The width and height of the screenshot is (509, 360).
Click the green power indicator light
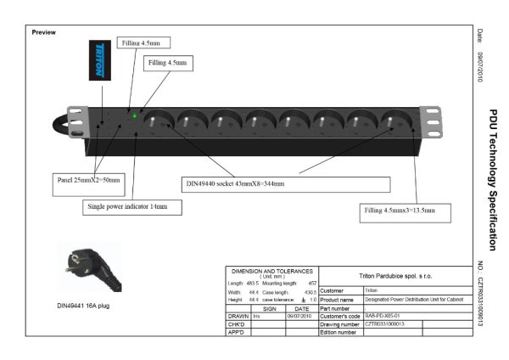click(x=135, y=115)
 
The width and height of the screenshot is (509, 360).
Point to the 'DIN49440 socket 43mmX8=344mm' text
click(x=235, y=183)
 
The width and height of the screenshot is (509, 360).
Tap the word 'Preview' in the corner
click(x=43, y=32)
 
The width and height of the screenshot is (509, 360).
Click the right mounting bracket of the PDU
click(x=433, y=121)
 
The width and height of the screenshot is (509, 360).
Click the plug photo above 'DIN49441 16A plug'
click(x=88, y=266)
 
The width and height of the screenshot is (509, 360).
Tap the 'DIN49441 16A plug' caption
click(x=87, y=305)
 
